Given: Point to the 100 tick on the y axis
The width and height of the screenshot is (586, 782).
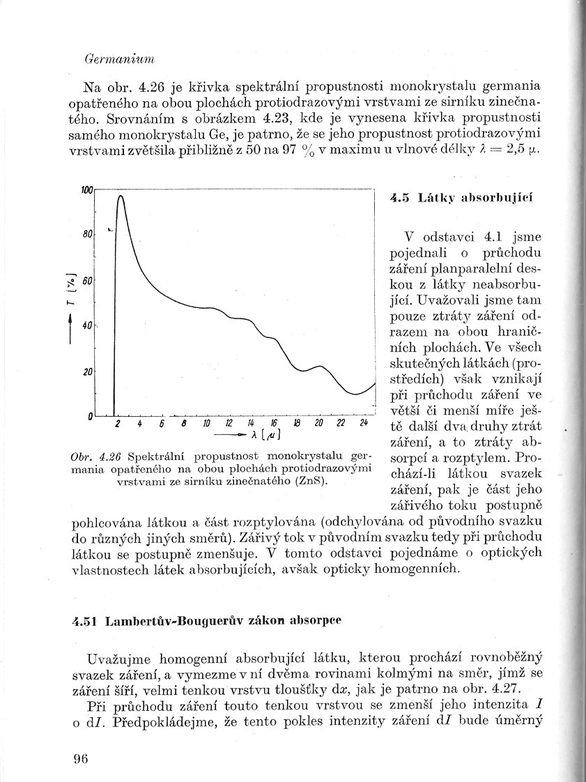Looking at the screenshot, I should click(x=87, y=190).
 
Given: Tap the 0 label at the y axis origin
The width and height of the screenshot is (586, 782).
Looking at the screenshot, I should click(x=91, y=417).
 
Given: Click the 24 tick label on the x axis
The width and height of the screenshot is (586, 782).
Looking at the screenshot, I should click(x=364, y=423).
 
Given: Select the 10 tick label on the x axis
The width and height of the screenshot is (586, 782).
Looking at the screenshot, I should click(x=206, y=423).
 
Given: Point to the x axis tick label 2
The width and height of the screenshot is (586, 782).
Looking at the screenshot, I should click(x=118, y=423).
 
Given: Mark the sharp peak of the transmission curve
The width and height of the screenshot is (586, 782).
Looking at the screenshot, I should click(x=120, y=197).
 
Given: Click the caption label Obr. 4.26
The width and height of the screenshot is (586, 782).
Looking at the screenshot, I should click(x=96, y=457).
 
